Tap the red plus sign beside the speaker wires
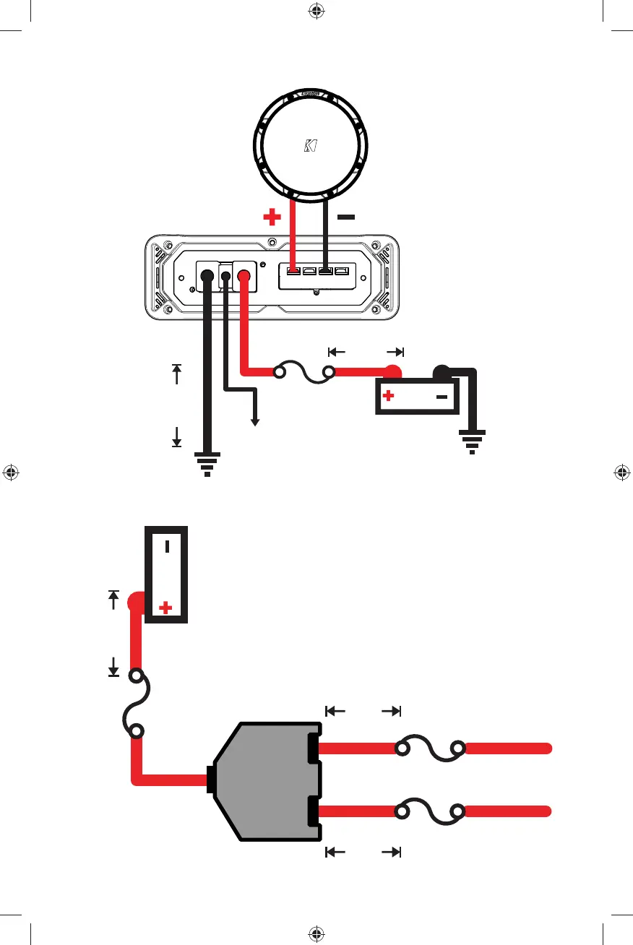click(272, 217)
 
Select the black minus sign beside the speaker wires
click(345, 217)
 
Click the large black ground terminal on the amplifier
click(207, 275)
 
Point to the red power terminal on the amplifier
click(244, 275)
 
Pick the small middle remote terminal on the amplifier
click(225, 275)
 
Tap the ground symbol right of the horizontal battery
click(471, 441)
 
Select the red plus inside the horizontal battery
click(388, 396)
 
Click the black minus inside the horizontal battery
click(442, 397)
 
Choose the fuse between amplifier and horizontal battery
click(303, 374)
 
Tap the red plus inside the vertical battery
click(165, 608)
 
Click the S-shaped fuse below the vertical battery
click(135, 704)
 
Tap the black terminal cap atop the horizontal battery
click(442, 373)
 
